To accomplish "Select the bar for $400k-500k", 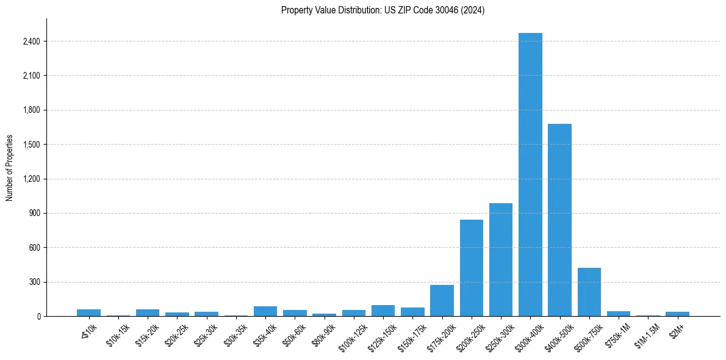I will click(559, 220).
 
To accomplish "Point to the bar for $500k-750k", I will click(589, 292).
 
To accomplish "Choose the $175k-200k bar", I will click(442, 301).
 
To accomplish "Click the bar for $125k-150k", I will click(383, 311).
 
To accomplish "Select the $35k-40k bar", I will click(265, 311).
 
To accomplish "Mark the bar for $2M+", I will click(677, 314).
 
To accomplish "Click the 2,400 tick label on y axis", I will click(31, 41).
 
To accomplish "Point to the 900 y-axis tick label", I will click(34, 214).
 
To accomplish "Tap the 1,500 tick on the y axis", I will click(31, 145).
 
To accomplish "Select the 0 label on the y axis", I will click(38, 317).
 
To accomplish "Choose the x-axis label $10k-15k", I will click(117, 335).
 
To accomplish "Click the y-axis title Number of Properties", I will click(10, 168).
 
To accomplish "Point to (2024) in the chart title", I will click(473, 10).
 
